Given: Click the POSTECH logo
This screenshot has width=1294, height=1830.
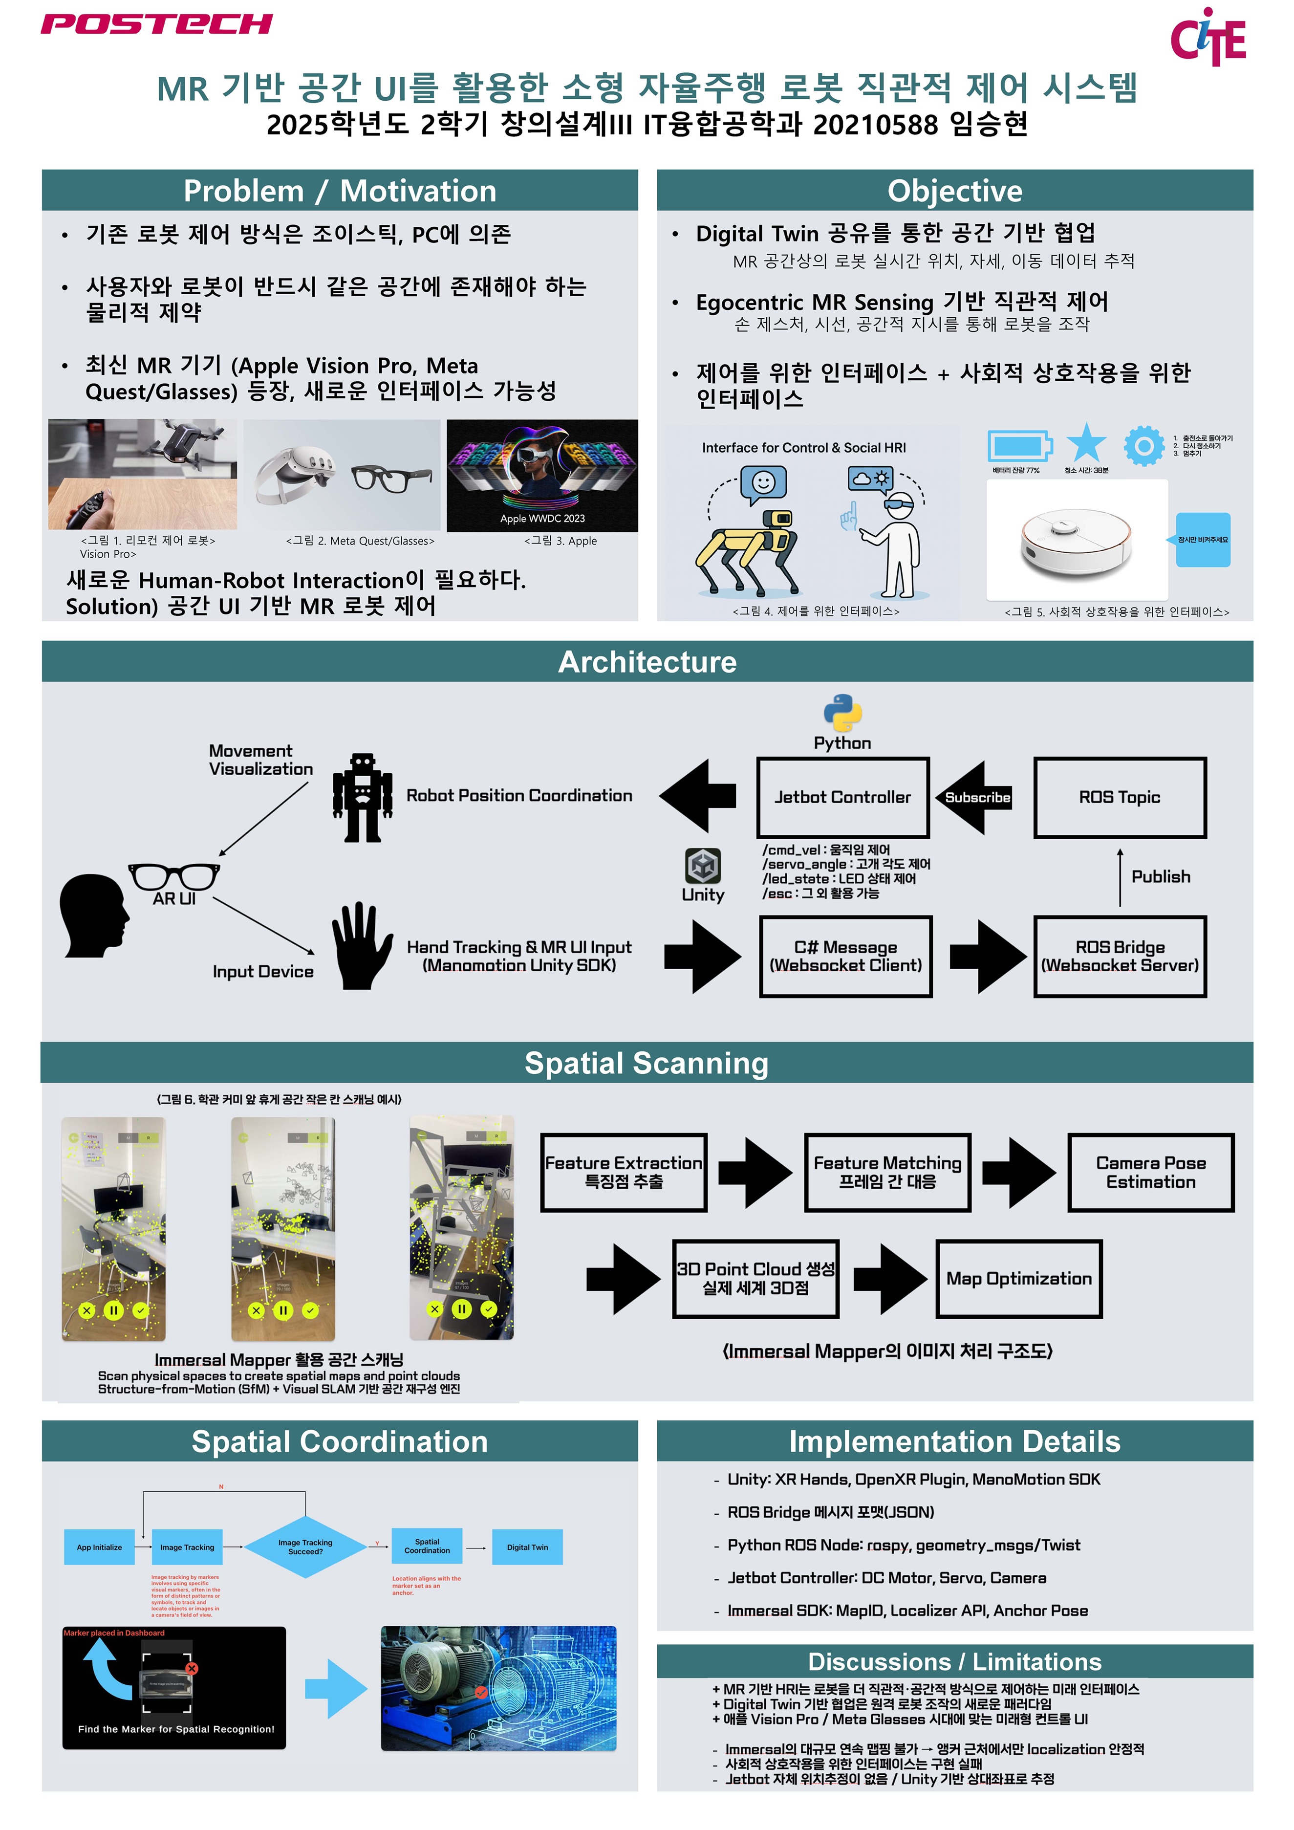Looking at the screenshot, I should coord(156,24).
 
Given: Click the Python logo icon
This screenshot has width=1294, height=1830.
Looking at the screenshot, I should coord(842,713).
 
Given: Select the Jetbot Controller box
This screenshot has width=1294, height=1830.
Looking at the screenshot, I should coord(842,797).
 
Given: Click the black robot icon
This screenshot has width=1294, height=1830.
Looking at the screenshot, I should coord(363,798).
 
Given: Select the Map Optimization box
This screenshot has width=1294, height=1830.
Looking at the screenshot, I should coord(1018,1279).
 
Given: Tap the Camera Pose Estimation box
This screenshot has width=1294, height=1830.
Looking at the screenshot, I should coord(1151,1173).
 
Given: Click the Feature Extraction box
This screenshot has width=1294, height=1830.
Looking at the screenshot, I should coord(623,1173).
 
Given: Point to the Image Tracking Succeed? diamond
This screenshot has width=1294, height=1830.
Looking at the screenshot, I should coord(305,1547).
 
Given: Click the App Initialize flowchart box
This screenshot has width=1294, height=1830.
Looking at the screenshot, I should coord(100,1547).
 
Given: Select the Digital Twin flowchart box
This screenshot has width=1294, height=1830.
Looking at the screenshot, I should coord(527,1547).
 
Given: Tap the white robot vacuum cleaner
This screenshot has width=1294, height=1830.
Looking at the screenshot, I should coord(1076,541).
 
